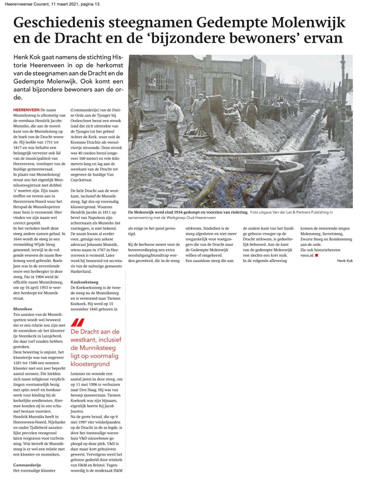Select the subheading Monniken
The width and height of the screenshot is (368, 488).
pos(23,309)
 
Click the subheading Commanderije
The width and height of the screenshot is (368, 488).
pos(27,465)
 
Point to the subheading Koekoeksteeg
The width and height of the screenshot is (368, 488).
pos(84,282)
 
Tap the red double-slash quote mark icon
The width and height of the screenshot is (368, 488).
pos(78,323)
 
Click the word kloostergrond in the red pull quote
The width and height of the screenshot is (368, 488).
pos(90,364)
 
